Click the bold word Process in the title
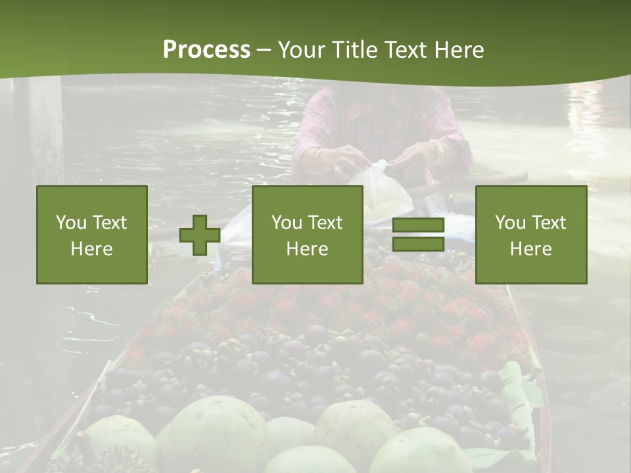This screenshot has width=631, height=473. [x=206, y=49]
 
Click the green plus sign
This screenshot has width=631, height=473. [x=200, y=235]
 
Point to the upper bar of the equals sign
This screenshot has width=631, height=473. [x=418, y=225]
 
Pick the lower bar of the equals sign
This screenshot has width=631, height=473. [x=418, y=244]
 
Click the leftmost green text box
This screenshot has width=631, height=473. [x=91, y=235]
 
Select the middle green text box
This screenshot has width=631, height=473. [x=307, y=235]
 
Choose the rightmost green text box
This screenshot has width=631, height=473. [x=530, y=235]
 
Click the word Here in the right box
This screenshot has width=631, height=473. [x=530, y=248]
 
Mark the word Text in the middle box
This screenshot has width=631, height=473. [x=325, y=222]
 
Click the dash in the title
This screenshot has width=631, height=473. [x=264, y=50]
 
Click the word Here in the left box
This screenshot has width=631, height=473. [x=91, y=248]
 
